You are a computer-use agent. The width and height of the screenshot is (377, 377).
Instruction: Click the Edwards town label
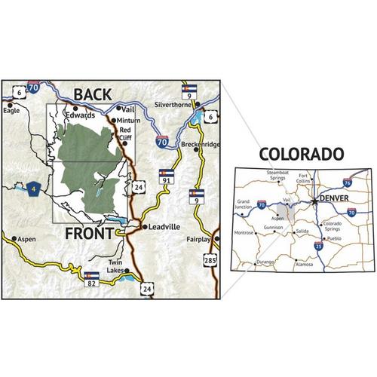(79, 115)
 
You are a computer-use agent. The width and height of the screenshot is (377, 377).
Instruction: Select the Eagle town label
(11, 109)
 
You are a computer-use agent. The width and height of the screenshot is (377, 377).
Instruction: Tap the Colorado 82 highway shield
(92, 278)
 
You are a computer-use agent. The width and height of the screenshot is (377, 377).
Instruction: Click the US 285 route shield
(211, 262)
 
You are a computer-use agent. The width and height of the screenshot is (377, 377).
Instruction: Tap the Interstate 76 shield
(346, 182)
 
